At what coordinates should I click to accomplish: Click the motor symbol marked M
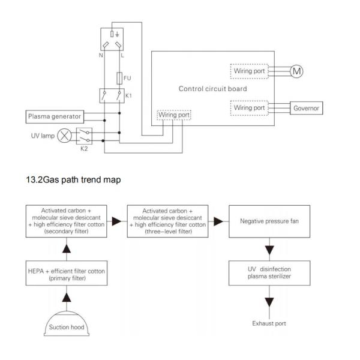(x=297, y=71)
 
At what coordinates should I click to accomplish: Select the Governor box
(x=306, y=108)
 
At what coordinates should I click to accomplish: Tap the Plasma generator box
(x=54, y=116)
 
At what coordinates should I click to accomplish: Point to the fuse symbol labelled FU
(x=119, y=78)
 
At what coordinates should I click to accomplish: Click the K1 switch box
(x=112, y=95)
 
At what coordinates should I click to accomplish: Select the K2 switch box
(x=85, y=136)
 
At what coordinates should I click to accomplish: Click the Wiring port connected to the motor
(x=249, y=71)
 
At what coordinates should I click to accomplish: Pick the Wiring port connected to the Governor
(x=249, y=108)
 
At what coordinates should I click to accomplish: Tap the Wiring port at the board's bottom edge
(x=173, y=114)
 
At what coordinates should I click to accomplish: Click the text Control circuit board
(x=212, y=89)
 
